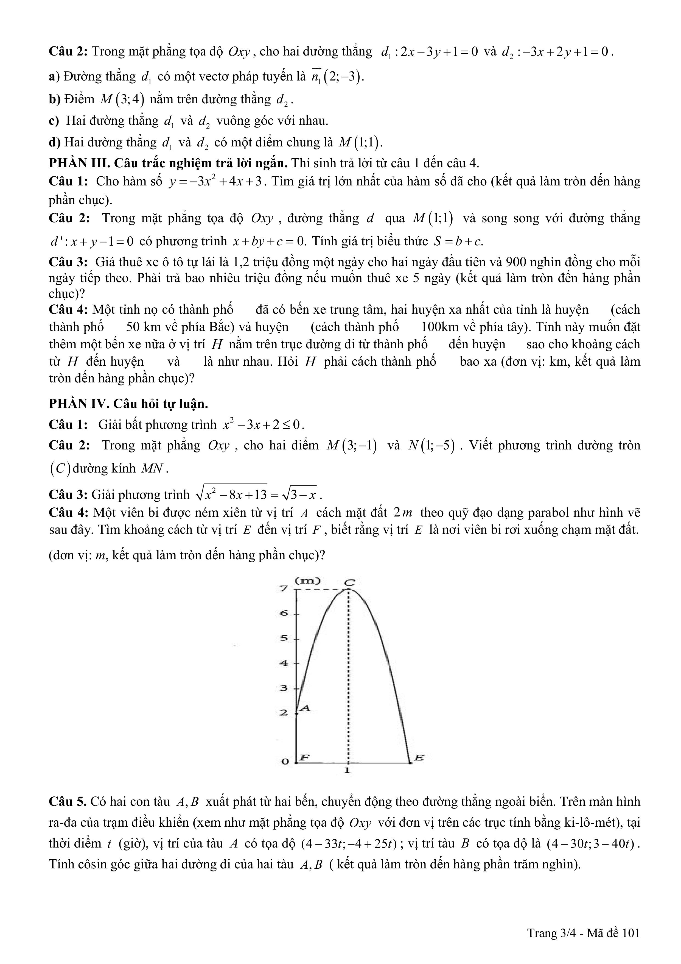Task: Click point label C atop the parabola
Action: (349, 583)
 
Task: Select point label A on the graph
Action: (306, 708)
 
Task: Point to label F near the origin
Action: (305, 757)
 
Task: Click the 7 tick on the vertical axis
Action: (284, 589)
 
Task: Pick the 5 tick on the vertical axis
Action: (284, 638)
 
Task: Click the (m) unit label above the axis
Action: (308, 581)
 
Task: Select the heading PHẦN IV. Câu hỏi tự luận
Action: (128, 404)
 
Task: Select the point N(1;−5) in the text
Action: (432, 446)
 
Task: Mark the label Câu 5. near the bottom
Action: (68, 802)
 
